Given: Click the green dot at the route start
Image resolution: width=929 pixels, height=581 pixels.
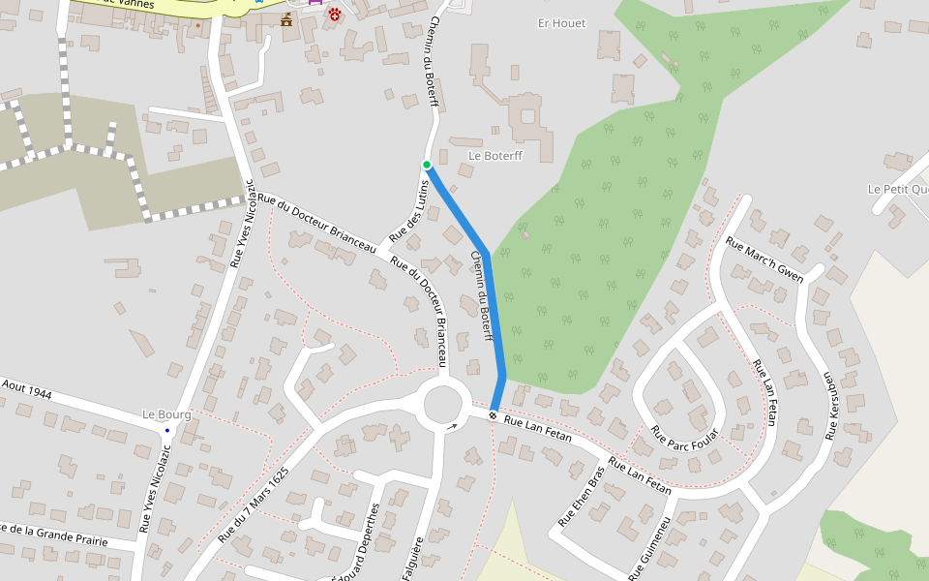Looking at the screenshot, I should [427, 165].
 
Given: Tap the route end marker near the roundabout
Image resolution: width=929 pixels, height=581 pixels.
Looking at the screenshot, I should [494, 415].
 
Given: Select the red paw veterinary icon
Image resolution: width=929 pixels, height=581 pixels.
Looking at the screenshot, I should [335, 15].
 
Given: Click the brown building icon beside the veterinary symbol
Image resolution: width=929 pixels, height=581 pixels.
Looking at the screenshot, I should [286, 19].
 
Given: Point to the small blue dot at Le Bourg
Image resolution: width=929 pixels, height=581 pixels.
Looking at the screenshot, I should [166, 430].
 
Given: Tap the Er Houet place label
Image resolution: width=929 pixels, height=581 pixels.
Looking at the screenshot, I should [561, 23].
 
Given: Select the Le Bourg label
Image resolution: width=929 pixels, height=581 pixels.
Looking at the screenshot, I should [166, 414].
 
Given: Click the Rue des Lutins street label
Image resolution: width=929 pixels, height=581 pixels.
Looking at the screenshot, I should [408, 211].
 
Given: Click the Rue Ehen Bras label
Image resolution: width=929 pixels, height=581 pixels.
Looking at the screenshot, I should [581, 498].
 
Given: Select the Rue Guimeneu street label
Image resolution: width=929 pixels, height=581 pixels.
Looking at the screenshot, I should [649, 548].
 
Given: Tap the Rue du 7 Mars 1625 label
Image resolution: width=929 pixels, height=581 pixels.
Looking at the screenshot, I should [254, 505].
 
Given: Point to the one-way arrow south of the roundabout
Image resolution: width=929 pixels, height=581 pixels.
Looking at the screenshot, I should [452, 425].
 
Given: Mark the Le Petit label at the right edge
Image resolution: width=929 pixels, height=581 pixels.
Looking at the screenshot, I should [897, 189].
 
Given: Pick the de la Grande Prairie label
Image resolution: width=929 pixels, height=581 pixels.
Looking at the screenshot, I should [54, 534].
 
